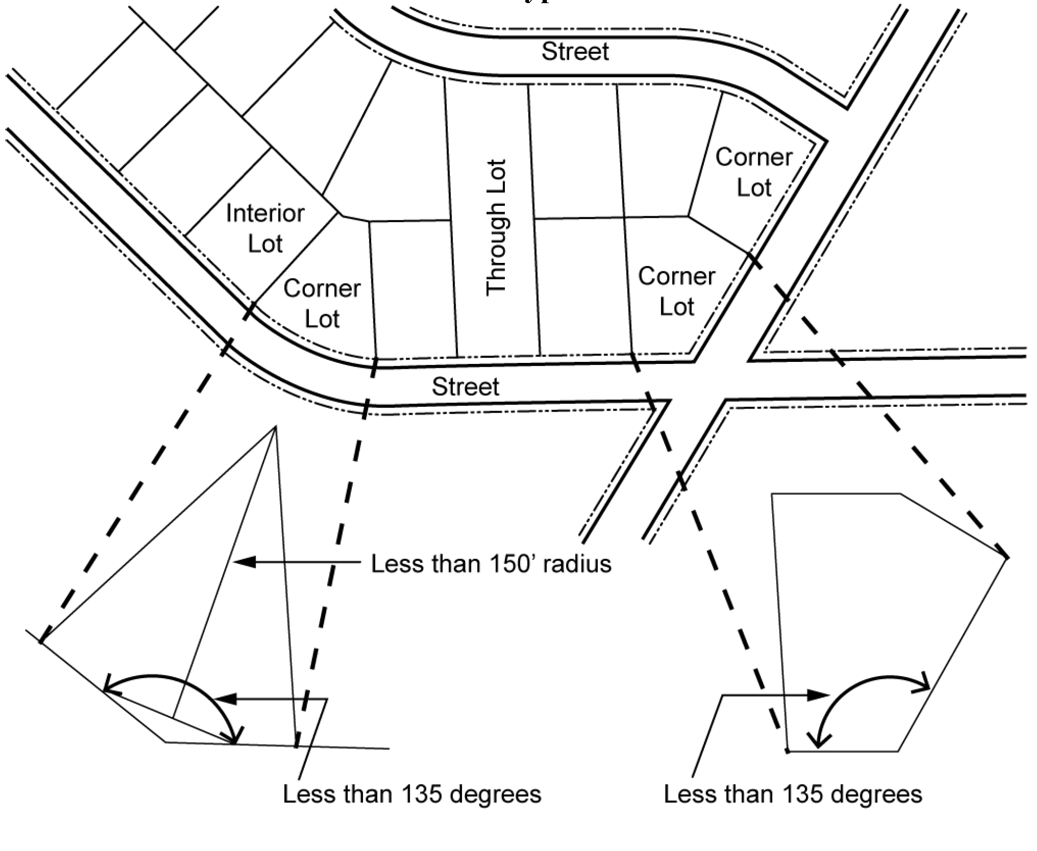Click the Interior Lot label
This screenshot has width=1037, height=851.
[x=265, y=228]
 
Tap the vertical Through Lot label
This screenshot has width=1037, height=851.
[x=497, y=228]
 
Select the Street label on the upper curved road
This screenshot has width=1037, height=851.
[x=575, y=51]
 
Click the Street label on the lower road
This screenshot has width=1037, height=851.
[x=466, y=386]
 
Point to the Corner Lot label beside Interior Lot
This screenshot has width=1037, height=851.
[x=322, y=304]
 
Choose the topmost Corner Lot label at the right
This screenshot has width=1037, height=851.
[x=754, y=172]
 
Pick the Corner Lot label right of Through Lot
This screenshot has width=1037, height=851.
[x=677, y=291]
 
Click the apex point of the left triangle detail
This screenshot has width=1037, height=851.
[x=275, y=427]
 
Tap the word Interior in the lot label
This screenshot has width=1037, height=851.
[x=265, y=213]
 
